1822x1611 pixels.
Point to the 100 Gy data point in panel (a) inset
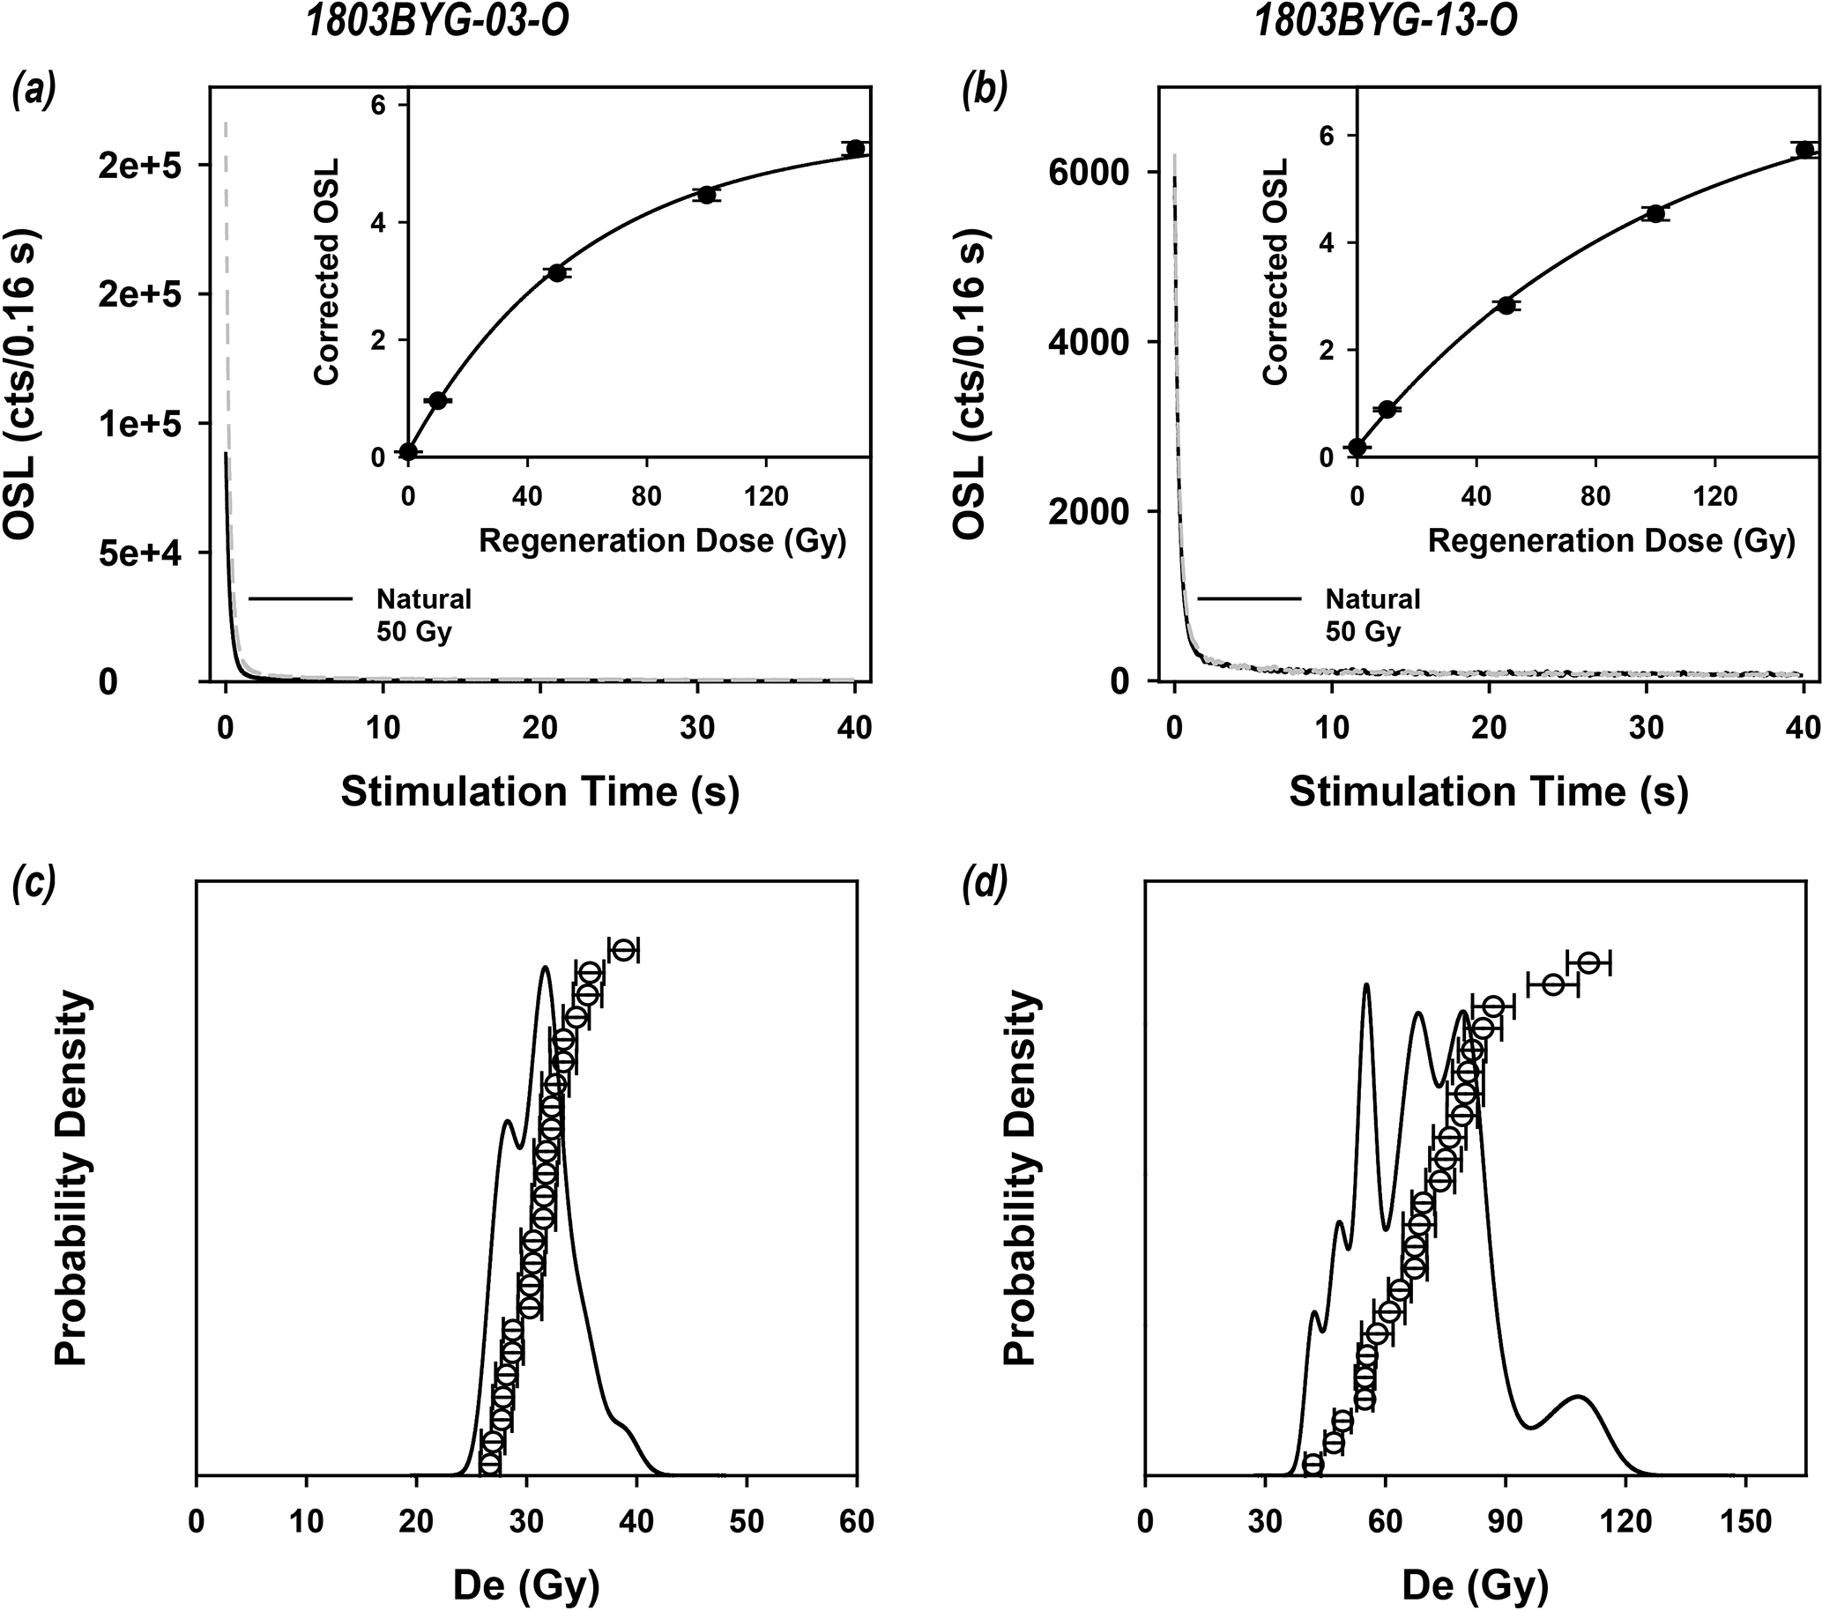[x=707, y=194]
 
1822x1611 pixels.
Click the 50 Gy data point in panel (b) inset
[x=1506, y=305]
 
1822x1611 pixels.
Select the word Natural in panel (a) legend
[x=423, y=598]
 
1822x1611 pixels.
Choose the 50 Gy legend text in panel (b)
[x=1363, y=632]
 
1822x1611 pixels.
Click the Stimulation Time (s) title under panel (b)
[x=1488, y=791]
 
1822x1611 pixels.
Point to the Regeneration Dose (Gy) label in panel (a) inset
[x=661, y=541]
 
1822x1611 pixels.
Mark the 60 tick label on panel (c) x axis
[x=857, y=1521]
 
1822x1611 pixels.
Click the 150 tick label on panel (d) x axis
[x=1744, y=1521]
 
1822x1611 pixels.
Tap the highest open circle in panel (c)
[x=623, y=949]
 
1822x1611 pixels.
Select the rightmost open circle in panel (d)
[x=1588, y=962]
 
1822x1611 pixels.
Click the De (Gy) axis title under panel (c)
[x=526, y=1585]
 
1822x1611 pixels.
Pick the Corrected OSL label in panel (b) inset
[x=1276, y=271]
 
